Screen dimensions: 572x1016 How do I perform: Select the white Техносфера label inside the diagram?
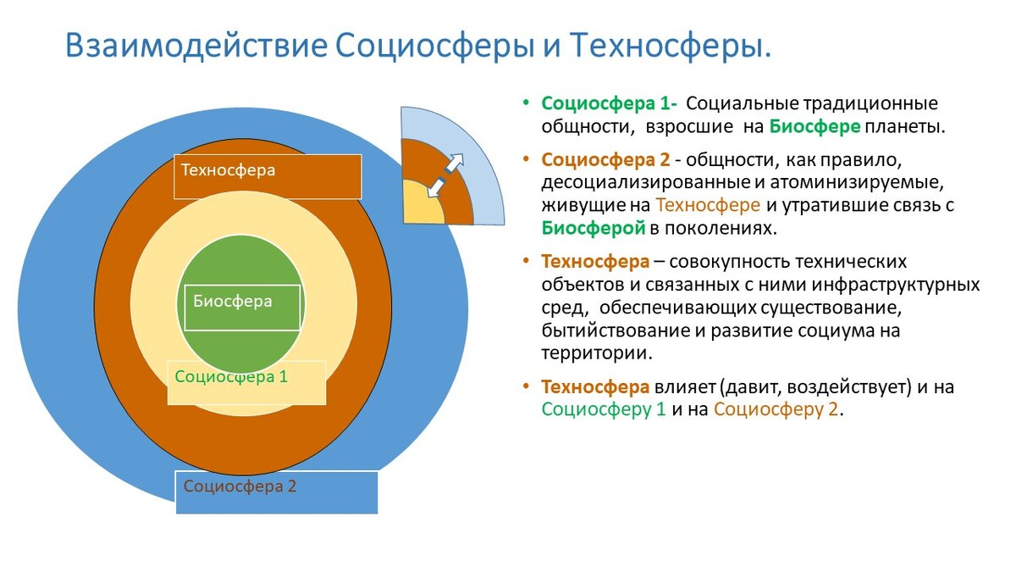click(x=228, y=169)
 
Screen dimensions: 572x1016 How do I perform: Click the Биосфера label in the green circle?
click(x=233, y=301)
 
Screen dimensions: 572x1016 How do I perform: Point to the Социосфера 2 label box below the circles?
click(x=240, y=486)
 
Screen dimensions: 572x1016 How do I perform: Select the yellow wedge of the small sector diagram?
click(x=421, y=206)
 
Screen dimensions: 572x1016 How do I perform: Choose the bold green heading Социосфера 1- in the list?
click(x=609, y=103)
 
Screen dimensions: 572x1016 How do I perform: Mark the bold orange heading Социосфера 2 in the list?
click(x=605, y=159)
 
